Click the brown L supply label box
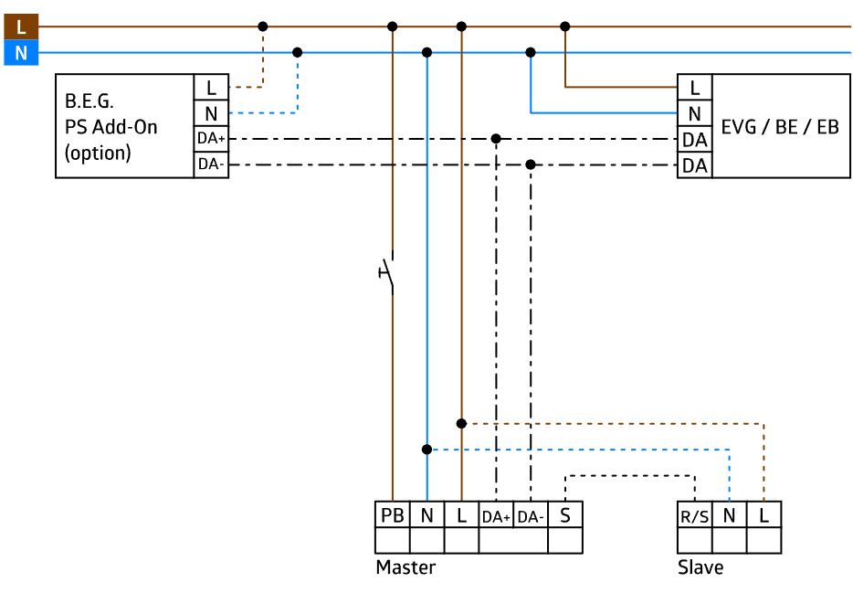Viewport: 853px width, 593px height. [x=21, y=26]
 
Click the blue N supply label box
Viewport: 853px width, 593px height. [x=21, y=53]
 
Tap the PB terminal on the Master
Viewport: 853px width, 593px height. [x=392, y=514]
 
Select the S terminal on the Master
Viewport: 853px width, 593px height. [x=565, y=514]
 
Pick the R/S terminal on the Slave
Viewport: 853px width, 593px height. [x=695, y=514]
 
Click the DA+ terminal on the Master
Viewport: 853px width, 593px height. [x=496, y=514]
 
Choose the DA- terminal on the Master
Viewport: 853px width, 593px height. [x=531, y=514]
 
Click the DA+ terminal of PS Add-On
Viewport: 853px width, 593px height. [x=211, y=139]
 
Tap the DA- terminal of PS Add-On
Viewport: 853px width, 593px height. [x=211, y=164]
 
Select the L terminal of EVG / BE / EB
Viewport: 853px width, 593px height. [x=695, y=87]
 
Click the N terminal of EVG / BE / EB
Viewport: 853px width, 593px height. [x=695, y=113]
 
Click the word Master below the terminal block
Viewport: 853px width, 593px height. [x=405, y=567]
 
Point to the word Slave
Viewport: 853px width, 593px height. [x=700, y=567]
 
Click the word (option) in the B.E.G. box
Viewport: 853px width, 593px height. [x=98, y=153]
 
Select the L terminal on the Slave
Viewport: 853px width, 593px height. [x=763, y=514]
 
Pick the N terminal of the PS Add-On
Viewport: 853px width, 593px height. [x=211, y=113]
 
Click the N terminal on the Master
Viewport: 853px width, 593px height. [x=427, y=514]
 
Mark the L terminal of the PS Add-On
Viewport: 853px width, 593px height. [x=211, y=87]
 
